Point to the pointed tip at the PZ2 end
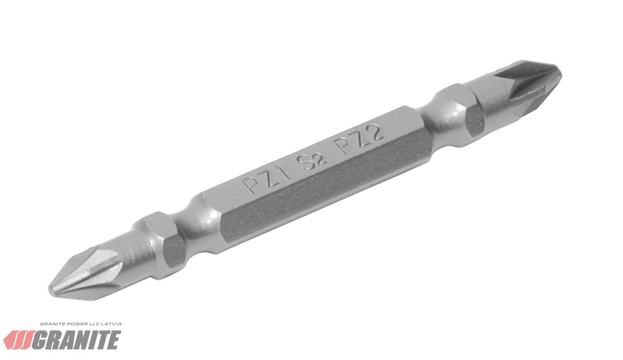point(560,72)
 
